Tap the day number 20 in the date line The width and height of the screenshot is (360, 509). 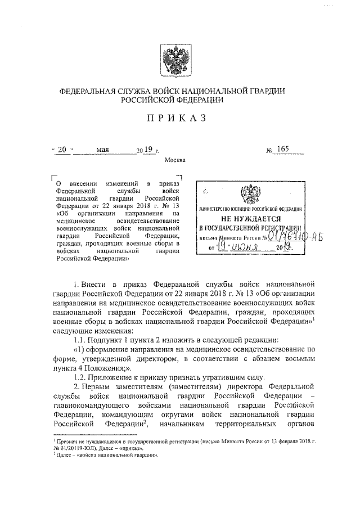click(x=62, y=150)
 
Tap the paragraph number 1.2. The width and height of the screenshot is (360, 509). click(x=80, y=376)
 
